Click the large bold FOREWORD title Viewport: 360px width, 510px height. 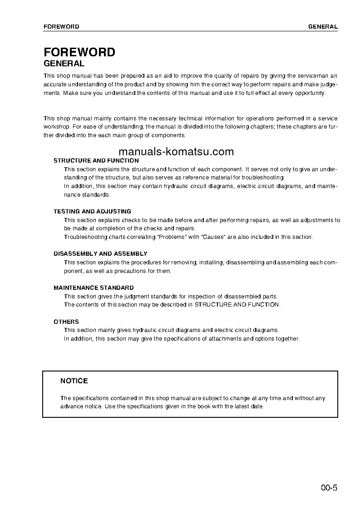tap(79, 52)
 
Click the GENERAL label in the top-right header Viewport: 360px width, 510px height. tap(323, 27)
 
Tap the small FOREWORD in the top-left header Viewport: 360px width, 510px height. tap(61, 27)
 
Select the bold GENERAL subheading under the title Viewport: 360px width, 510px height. tap(64, 64)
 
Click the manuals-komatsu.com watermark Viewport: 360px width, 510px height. tap(176, 152)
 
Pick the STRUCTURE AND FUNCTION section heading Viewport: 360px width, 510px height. tap(96, 161)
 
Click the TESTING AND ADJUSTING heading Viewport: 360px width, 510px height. tap(92, 212)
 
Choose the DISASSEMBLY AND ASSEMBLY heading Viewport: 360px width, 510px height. tap(100, 254)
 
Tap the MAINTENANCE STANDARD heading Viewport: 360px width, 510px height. tap(94, 288)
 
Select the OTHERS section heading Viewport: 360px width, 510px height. tap(66, 322)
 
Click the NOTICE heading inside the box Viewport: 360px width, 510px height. tap(74, 381)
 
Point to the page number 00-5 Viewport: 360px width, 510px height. tap(329, 489)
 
